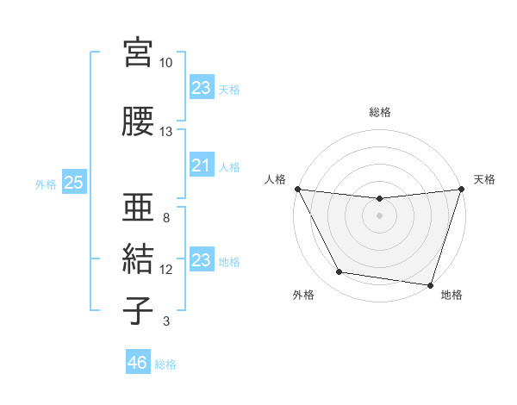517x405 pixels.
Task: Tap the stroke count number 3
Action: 165,322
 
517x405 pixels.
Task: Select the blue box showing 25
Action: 73,183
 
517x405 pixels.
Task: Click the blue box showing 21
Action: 201,165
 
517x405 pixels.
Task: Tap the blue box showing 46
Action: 137,363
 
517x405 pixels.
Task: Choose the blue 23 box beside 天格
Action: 201,88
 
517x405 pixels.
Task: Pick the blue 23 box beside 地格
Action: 201,260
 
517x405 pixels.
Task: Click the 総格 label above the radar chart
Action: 380,112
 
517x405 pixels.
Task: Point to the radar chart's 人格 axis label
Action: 275,179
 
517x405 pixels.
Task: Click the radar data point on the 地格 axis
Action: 430,284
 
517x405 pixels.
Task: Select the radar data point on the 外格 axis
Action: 339,272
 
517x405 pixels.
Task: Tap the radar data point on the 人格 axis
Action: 298,189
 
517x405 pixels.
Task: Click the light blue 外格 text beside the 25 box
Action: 45,184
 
